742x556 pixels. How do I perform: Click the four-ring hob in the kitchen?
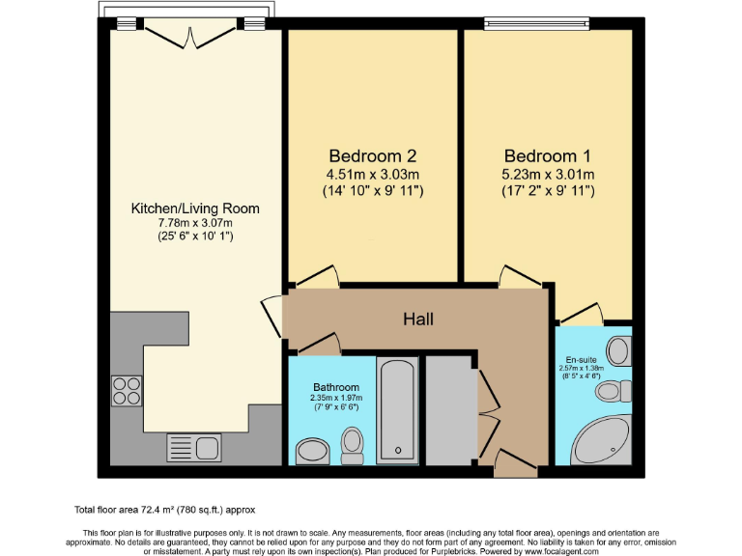[x=127, y=389]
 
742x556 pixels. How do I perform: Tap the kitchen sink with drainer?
[x=194, y=447]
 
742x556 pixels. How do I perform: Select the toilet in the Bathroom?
[x=353, y=445]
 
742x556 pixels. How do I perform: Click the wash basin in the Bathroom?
[x=312, y=450]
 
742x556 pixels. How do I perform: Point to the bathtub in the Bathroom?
[x=397, y=408]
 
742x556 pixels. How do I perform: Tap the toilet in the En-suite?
[x=610, y=391]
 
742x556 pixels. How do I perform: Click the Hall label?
[x=418, y=319]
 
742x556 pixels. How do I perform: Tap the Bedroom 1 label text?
[x=547, y=155]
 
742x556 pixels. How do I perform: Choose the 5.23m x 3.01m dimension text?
[x=547, y=174]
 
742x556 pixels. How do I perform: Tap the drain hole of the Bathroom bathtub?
[x=397, y=450]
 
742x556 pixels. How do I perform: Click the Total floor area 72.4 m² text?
[x=164, y=509]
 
